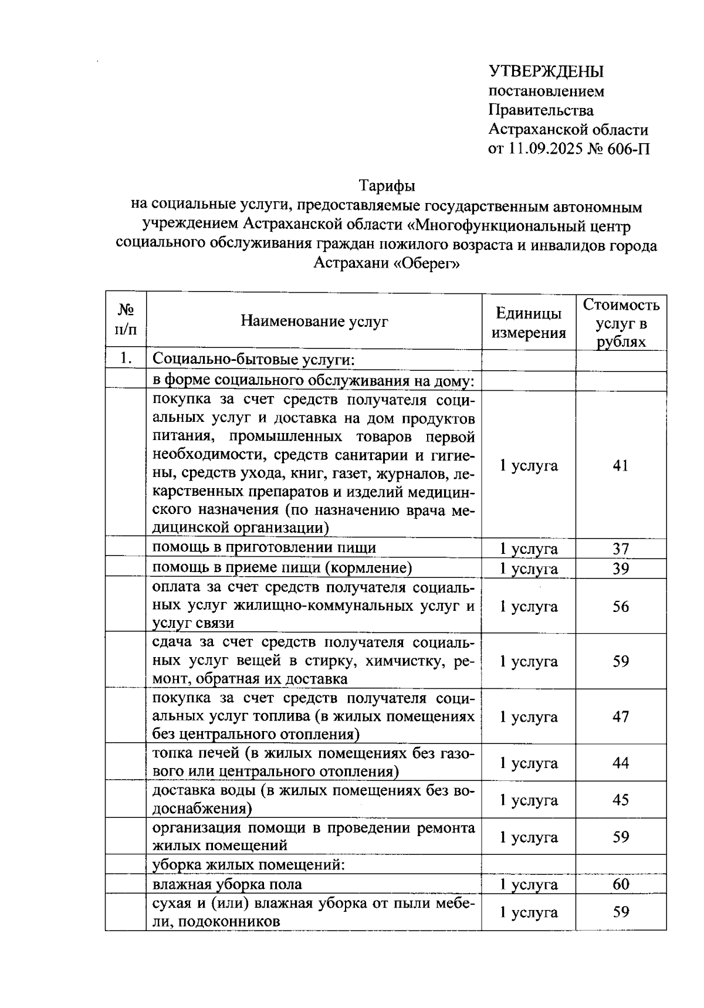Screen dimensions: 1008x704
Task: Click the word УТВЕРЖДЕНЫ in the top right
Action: point(546,72)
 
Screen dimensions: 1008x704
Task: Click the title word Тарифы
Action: point(387,186)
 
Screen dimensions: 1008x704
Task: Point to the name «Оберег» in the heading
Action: point(427,263)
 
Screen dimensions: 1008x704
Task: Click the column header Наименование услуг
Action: point(314,321)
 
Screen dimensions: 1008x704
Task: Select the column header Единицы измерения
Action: point(529,323)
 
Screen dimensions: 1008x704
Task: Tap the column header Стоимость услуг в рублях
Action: point(621,323)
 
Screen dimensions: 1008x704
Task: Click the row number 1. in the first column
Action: point(125,358)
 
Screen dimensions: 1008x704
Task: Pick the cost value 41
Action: point(621,466)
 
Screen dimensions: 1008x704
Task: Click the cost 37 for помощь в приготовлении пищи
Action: point(621,549)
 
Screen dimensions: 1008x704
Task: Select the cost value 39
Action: point(621,569)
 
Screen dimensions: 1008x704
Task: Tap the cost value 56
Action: point(621,606)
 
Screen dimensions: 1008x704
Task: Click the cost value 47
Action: point(621,716)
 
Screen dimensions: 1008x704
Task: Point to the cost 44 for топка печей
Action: point(621,763)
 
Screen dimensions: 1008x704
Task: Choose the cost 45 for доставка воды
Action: point(621,800)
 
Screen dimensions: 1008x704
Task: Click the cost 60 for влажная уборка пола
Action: point(621,884)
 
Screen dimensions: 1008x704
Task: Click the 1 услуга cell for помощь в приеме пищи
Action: point(529,569)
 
